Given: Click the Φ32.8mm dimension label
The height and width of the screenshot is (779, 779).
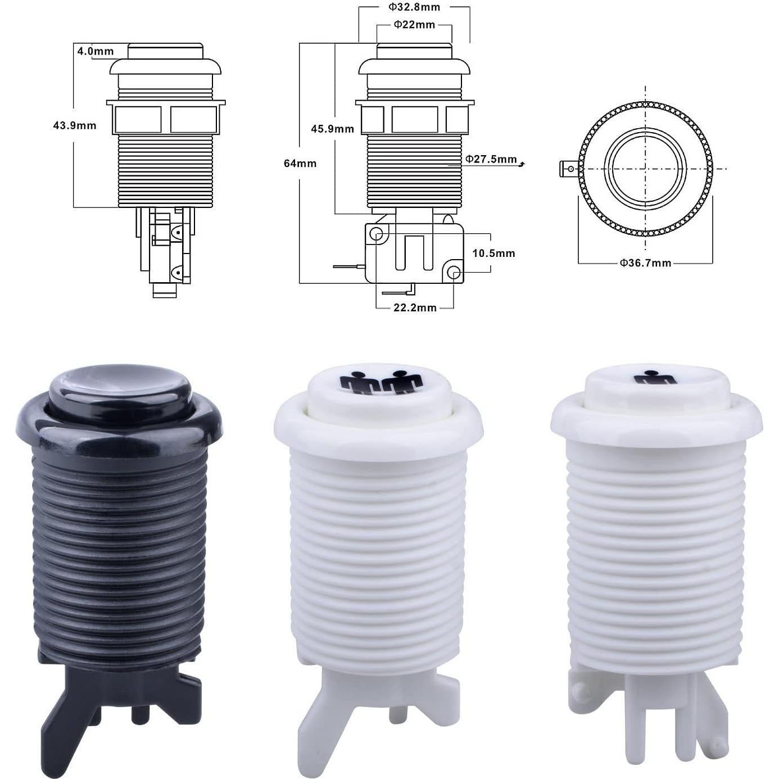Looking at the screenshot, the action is point(414,7).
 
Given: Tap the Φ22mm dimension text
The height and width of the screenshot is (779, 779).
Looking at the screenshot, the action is point(414,25).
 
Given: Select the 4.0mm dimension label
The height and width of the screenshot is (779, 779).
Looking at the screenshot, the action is point(96,51).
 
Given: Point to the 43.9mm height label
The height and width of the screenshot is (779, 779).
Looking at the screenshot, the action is point(75,126).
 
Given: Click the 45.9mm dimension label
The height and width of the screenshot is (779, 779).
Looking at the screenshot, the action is point(332,129).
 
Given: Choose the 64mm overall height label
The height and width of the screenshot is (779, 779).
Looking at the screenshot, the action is point(300,164).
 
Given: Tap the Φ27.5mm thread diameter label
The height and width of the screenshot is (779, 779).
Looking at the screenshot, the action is point(491,159).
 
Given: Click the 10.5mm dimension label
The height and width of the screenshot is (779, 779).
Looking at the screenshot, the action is point(494,253).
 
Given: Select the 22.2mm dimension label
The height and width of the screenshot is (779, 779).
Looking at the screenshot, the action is point(415,308).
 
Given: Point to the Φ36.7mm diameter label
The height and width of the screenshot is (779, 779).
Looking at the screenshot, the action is point(646,263).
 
